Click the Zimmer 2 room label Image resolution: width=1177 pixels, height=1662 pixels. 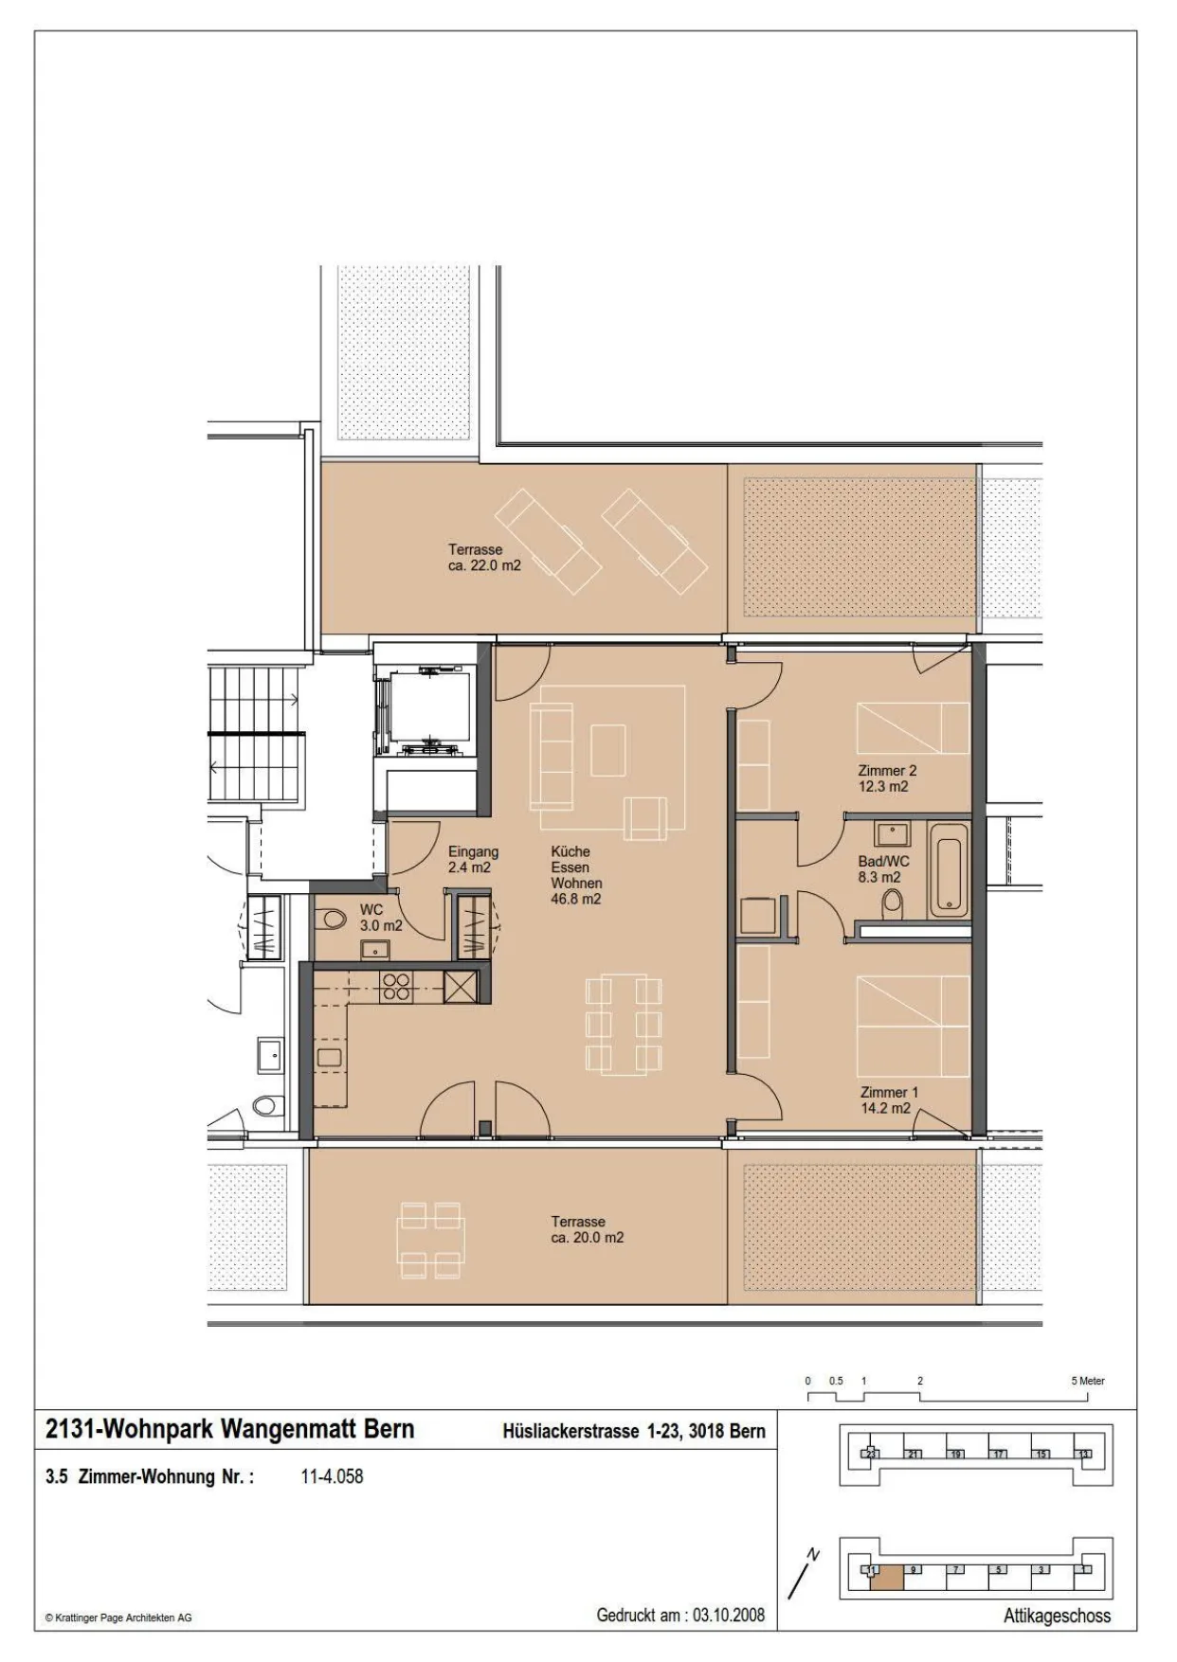(887, 771)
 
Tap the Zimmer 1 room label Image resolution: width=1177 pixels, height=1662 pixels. (889, 1092)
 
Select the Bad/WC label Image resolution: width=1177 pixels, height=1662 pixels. (883, 862)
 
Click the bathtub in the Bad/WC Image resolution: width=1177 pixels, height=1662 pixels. (949, 870)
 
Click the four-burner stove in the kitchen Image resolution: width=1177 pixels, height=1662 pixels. (395, 988)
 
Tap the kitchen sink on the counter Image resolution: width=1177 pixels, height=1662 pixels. (329, 1058)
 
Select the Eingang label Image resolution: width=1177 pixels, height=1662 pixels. (473, 852)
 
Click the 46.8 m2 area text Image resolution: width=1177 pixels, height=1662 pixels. (575, 900)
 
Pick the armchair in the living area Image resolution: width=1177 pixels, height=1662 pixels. (645, 816)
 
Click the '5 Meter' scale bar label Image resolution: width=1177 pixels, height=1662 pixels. (1088, 1381)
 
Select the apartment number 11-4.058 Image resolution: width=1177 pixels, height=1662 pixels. (332, 1476)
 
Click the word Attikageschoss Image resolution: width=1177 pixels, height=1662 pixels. (1057, 1617)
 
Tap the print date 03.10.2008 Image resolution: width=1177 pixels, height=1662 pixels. (729, 1615)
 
